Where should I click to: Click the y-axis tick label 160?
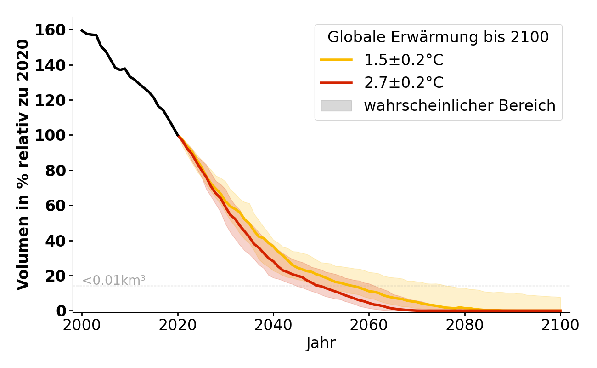click(55, 30)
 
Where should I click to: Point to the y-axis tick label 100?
click(55, 136)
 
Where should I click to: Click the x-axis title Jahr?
click(321, 343)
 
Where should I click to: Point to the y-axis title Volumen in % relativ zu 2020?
click(23, 164)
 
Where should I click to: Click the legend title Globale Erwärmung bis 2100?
click(438, 37)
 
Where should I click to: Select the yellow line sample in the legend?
click(336, 60)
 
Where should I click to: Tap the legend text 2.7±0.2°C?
click(404, 83)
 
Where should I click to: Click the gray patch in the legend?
click(336, 106)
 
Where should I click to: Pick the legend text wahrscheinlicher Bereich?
click(460, 106)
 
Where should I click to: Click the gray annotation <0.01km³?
click(114, 280)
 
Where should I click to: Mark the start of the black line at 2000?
click(82, 30)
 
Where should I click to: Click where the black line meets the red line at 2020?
click(178, 136)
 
